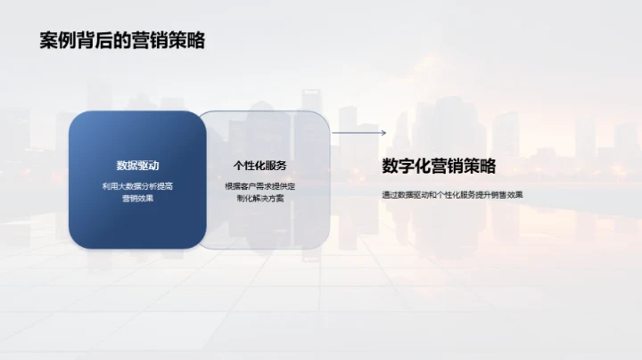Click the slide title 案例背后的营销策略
tap(122, 41)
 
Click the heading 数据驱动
tap(137, 166)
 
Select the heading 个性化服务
tap(259, 166)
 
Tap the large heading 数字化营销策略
tap(438, 166)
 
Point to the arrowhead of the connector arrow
tap(383, 134)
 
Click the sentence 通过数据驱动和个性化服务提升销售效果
tap(451, 193)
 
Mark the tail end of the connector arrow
tap(333, 134)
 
